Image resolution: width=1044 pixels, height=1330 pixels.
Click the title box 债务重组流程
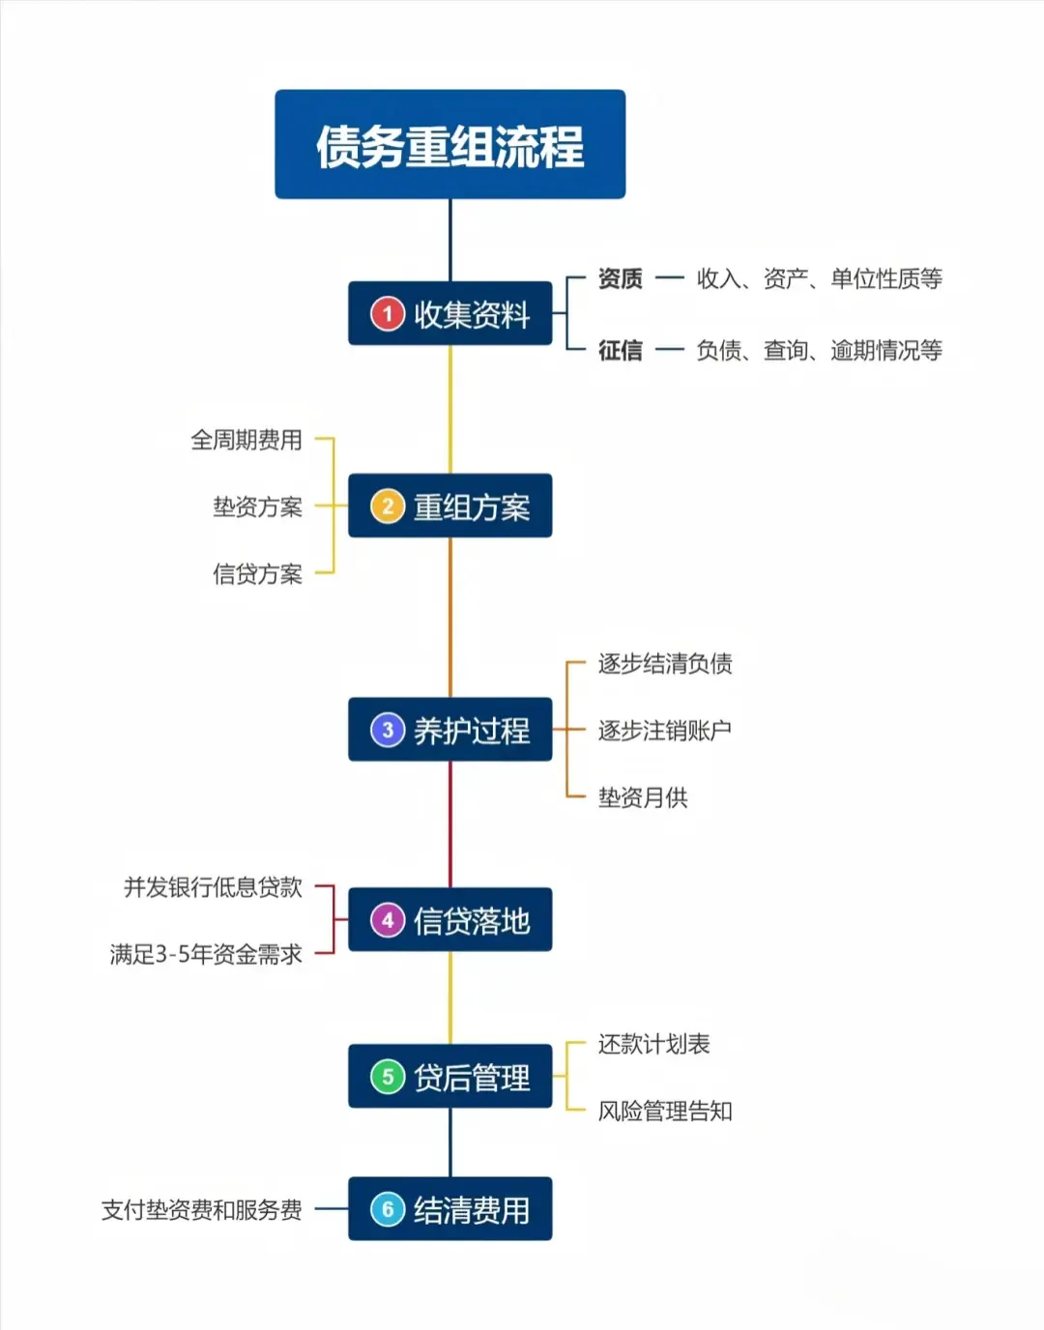coord(449,145)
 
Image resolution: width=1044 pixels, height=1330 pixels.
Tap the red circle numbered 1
coord(388,314)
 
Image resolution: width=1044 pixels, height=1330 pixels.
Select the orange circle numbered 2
coord(388,506)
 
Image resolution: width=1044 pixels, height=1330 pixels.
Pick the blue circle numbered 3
coord(388,730)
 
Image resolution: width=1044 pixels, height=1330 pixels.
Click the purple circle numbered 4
coord(388,920)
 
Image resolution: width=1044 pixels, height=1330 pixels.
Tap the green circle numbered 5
coord(388,1077)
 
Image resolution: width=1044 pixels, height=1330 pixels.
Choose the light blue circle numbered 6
coord(388,1209)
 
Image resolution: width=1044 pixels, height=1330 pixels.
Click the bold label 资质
coord(620,279)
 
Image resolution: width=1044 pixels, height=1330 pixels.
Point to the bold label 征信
coord(620,350)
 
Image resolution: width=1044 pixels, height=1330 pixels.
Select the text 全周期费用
coord(246,441)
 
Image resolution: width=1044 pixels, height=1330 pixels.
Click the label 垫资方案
coord(257,507)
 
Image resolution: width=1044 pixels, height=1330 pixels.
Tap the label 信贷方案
coord(257,574)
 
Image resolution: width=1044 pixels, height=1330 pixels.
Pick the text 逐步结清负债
coord(665,664)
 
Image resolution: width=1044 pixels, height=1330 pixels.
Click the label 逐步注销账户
coord(665,731)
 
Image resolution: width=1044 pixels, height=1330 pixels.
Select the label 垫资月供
coord(643,797)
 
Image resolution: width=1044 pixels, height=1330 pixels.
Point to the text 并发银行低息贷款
coord(213,887)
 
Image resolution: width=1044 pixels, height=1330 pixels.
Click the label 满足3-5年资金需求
coord(206,955)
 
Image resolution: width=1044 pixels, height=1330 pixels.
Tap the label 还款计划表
coord(653,1044)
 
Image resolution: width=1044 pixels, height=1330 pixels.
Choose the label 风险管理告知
coord(665,1112)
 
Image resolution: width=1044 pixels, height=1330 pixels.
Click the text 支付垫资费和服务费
coord(202,1210)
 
